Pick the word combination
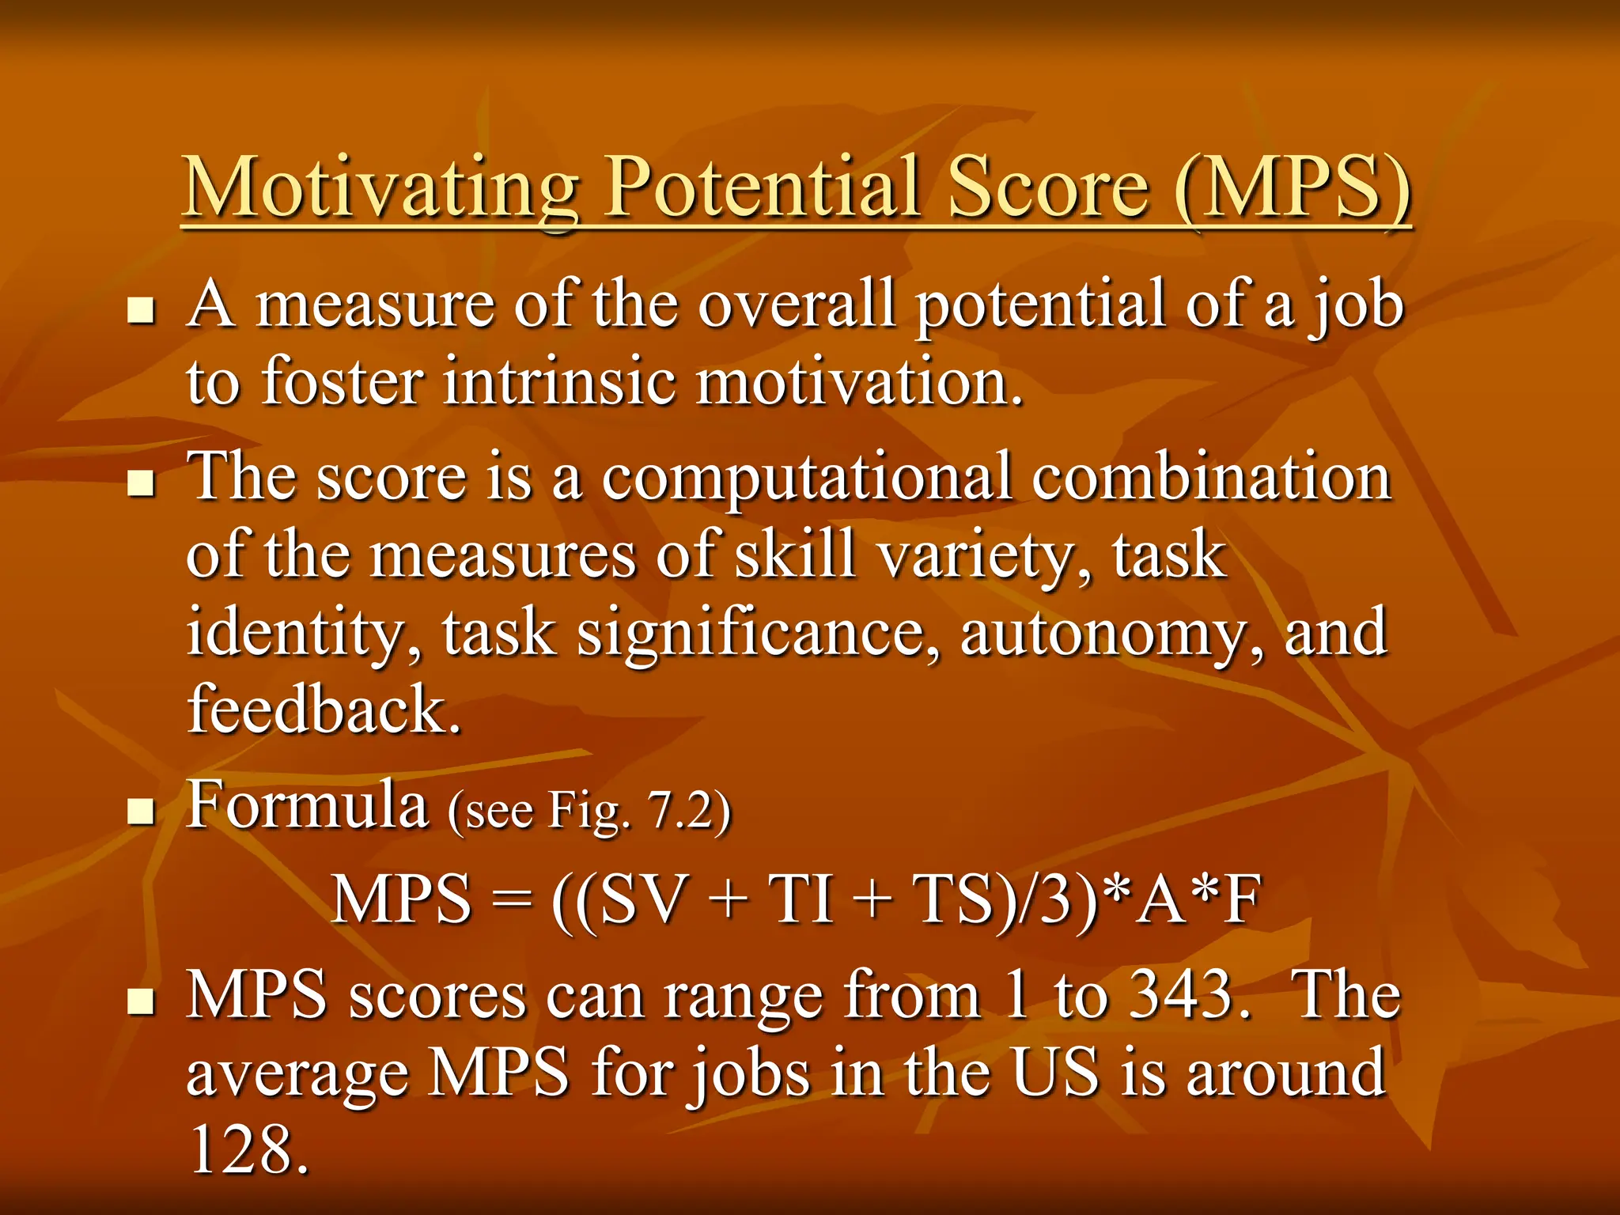[x=1211, y=477]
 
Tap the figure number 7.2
[x=679, y=810]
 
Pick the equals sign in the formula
[x=510, y=901]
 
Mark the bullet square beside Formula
[x=142, y=812]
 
